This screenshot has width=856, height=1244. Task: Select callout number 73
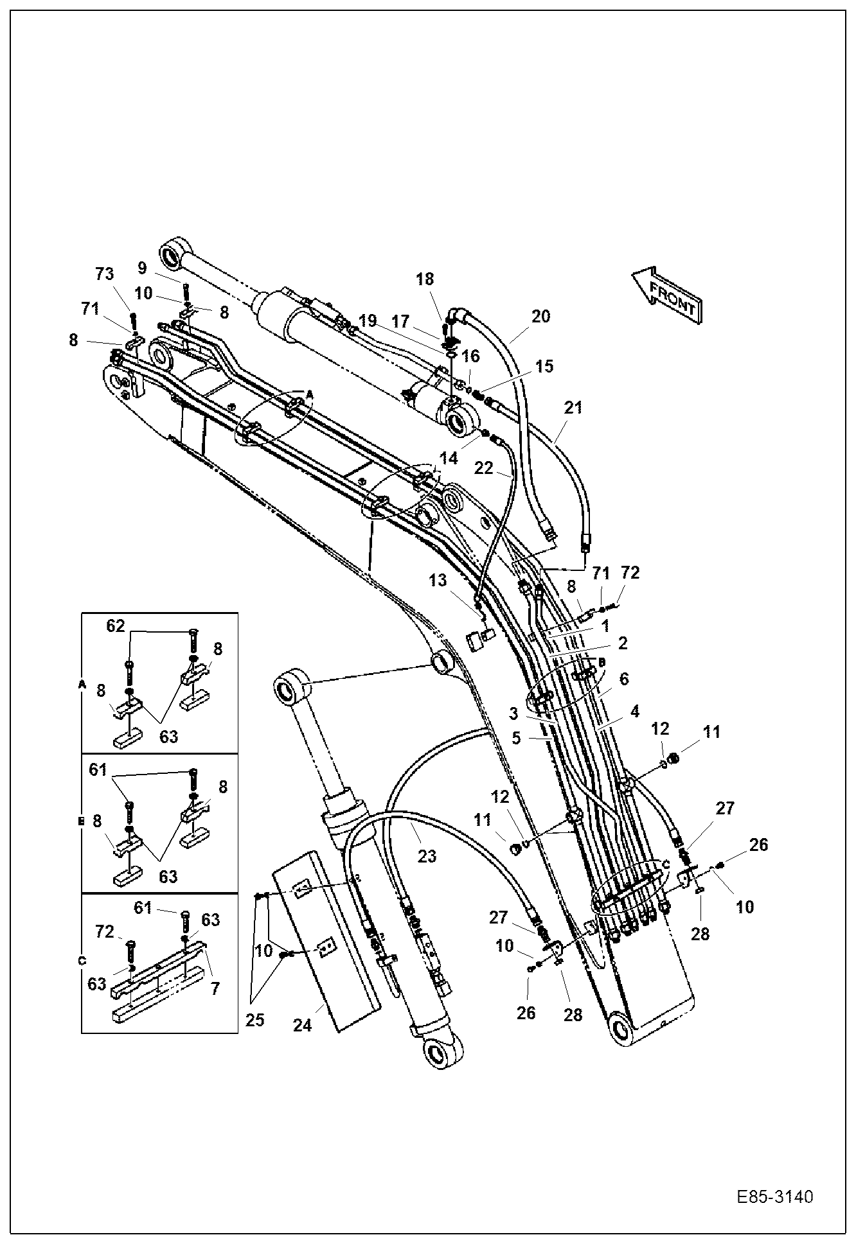click(x=104, y=274)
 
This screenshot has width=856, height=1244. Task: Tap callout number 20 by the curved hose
click(x=541, y=316)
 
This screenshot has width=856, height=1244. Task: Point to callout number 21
click(x=573, y=407)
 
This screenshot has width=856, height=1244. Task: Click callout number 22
click(x=483, y=468)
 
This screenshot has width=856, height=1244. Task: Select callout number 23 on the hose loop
click(x=427, y=855)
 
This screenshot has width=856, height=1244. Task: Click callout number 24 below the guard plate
click(x=303, y=1026)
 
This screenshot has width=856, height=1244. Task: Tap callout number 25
click(x=255, y=1021)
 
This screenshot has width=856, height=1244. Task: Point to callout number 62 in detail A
click(x=116, y=626)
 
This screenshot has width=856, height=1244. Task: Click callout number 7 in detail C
click(x=215, y=988)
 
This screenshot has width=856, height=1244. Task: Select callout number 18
click(x=425, y=279)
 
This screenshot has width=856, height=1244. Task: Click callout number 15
click(x=544, y=366)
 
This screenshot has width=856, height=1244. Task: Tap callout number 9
click(x=142, y=267)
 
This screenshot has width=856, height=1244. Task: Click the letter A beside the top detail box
click(x=82, y=685)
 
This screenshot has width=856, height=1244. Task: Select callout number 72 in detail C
click(x=105, y=931)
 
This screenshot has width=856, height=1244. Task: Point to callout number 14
click(x=449, y=458)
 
